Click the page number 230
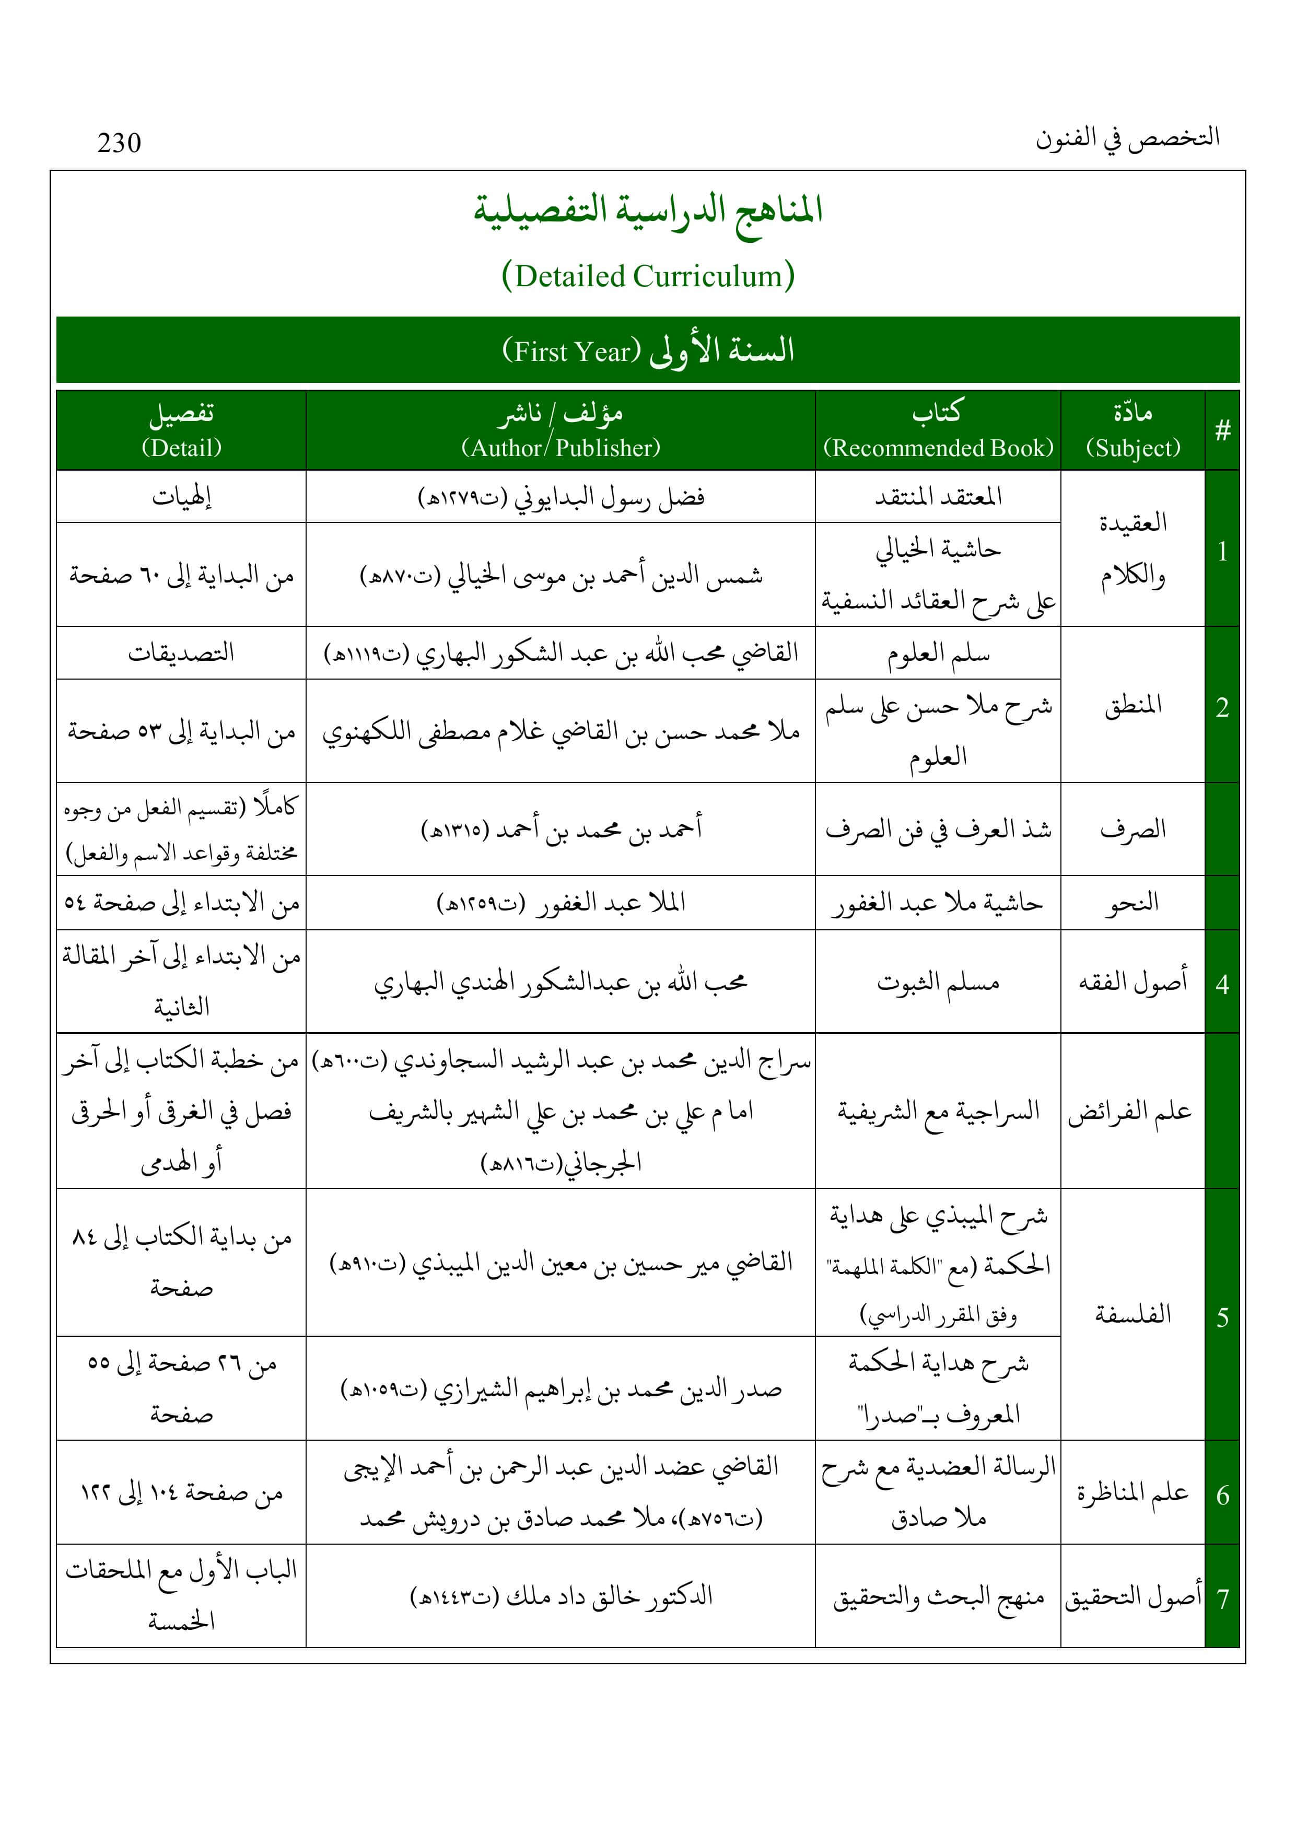(x=119, y=143)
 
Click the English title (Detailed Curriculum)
(x=648, y=276)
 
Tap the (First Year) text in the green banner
(x=572, y=351)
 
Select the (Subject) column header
(x=1132, y=448)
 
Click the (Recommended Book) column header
(x=938, y=448)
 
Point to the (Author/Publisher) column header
(x=561, y=448)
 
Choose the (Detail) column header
(x=181, y=448)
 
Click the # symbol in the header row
(x=1222, y=431)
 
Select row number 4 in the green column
(x=1222, y=984)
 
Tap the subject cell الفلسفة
(x=1132, y=1314)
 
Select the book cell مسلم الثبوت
(x=938, y=982)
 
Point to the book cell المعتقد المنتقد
(x=938, y=497)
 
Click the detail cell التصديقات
(x=181, y=653)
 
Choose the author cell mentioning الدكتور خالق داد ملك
(x=561, y=1597)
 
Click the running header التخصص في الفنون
(x=1127, y=138)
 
